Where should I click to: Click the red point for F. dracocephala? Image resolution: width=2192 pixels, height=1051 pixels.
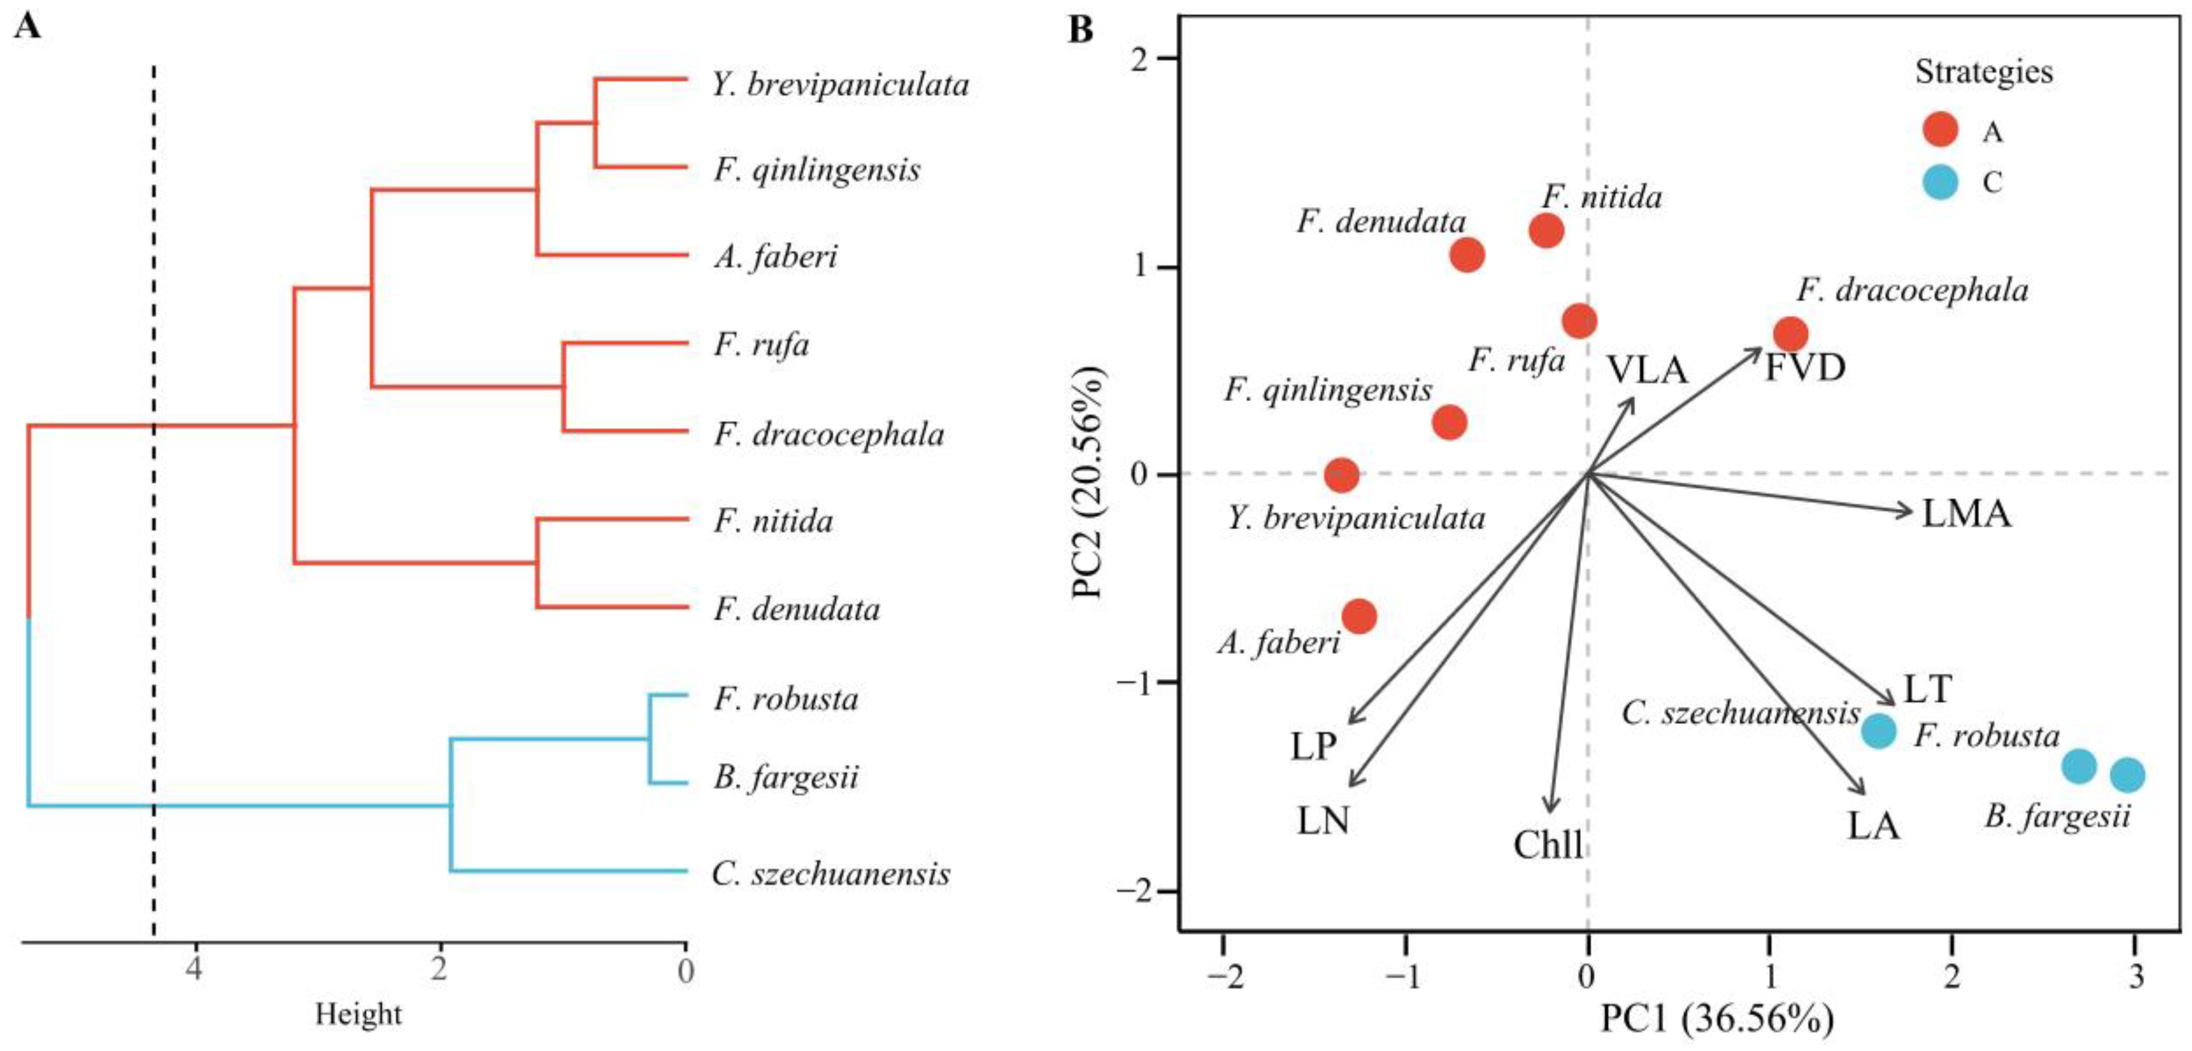(1791, 334)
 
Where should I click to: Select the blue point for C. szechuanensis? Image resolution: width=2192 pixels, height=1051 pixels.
(1879, 730)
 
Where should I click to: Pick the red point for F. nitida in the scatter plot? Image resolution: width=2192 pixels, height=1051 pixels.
(1546, 230)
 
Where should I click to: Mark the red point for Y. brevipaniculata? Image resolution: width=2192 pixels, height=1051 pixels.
(1342, 475)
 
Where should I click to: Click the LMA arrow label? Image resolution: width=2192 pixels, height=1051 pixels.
(1966, 514)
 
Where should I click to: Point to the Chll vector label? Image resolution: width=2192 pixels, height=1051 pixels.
(1548, 845)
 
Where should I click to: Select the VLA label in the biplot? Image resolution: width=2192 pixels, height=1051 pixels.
(1646, 370)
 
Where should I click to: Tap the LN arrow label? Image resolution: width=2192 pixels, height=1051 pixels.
(1323, 821)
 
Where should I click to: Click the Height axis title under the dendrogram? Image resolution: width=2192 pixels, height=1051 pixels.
(358, 1014)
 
